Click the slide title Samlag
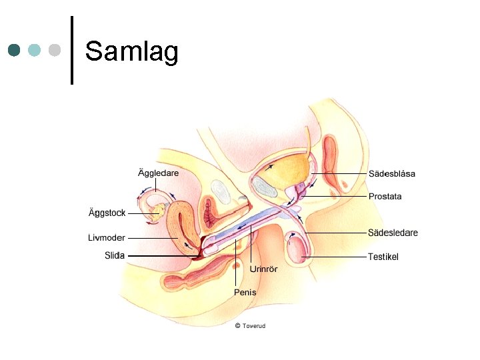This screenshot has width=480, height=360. tap(131, 51)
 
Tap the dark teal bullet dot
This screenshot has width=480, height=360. tap(15, 50)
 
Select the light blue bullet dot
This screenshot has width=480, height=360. tap(35, 50)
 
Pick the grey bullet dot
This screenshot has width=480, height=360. tap(55, 50)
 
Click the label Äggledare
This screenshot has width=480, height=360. tap(158, 173)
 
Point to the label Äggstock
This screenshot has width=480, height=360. tap(107, 213)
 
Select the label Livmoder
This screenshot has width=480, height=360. tap(107, 237)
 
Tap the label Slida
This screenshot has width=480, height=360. tap(115, 255)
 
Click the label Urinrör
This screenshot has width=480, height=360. tap(263, 269)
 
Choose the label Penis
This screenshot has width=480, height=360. tap(245, 292)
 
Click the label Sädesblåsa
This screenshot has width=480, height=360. tap(392, 174)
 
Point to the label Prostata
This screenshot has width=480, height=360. tap(385, 197)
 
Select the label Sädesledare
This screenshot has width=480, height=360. tap(393, 233)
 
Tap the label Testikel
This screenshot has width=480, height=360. tap(383, 257)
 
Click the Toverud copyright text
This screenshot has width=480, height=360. tap(250, 326)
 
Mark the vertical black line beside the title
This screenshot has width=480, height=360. tap(71, 50)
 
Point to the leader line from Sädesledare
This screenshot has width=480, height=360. tap(337, 233)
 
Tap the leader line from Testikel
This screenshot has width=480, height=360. tap(337, 257)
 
